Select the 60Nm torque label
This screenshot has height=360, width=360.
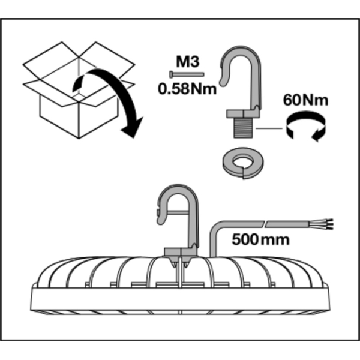click(x=306, y=100)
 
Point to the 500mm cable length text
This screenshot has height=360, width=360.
click(x=260, y=240)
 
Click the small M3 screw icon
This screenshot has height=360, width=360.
click(x=187, y=74)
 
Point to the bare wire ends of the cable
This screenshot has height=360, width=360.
click(x=328, y=226)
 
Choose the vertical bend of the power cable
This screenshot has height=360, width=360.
click(x=214, y=240)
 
